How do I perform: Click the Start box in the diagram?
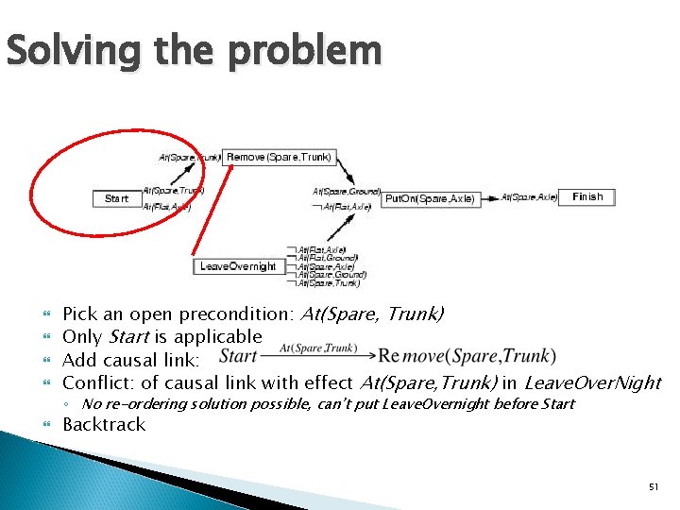116,198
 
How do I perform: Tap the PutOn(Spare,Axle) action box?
430,198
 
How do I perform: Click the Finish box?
586,196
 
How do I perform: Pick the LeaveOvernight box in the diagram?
238,266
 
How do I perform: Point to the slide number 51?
653,486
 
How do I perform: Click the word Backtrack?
104,424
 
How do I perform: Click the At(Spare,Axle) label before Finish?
529,196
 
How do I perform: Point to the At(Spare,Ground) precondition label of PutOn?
347,192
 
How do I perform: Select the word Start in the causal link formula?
238,356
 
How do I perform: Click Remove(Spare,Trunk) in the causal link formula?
467,356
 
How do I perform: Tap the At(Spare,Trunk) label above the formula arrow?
318,348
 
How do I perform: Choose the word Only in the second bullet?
82,337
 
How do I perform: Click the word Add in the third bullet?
78,360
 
